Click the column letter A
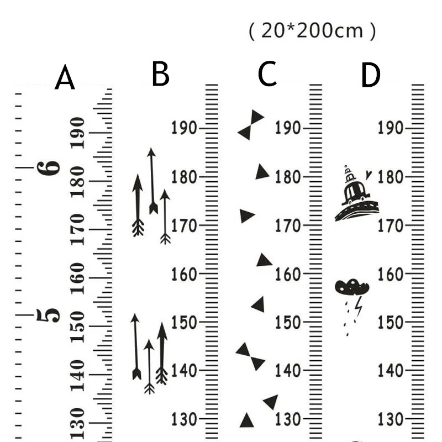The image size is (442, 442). [65, 77]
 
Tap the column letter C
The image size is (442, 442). [267, 73]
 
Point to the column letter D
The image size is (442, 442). [371, 75]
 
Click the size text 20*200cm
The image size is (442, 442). [312, 31]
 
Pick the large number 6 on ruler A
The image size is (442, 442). [48, 169]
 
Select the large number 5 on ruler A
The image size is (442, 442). [48, 315]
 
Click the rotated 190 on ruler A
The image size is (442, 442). [77, 133]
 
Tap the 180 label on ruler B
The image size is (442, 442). [184, 177]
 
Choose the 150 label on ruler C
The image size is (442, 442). [287, 323]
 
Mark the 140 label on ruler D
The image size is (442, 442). [391, 371]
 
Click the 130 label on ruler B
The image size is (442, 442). [184, 419]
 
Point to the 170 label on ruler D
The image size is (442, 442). [391, 226]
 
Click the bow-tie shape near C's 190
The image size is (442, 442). [251, 125]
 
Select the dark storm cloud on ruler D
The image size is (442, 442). [352, 287]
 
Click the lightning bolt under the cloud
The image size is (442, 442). [359, 306]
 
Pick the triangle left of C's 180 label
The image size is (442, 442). [262, 172]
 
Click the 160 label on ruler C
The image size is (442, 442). [287, 274]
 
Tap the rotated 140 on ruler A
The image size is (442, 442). [77, 376]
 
